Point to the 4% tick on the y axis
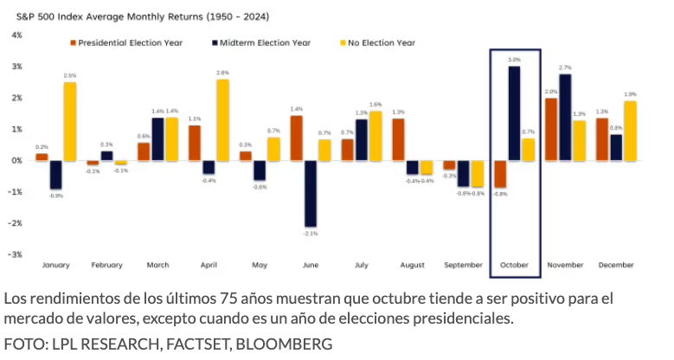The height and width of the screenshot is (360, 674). pos(16,35)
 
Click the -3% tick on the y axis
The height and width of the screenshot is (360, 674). pos(16,254)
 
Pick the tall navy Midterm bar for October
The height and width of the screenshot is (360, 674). pos(514,113)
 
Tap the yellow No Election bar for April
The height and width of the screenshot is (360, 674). pos(222,119)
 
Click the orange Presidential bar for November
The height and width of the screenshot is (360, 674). pos(551,129)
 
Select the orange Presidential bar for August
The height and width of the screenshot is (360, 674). pos(398,139)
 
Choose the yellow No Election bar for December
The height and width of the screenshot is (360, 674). pos(631,131)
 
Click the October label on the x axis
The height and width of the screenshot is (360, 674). pos(515,266)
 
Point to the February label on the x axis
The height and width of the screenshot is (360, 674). pos(107,266)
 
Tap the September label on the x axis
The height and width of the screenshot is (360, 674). pos(464,266)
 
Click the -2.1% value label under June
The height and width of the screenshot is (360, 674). pos(310,233)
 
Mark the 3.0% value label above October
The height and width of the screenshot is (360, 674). pos(514,60)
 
